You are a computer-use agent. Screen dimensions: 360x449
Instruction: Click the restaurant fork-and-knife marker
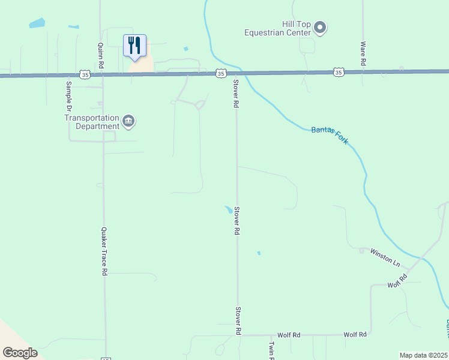[x=134, y=46]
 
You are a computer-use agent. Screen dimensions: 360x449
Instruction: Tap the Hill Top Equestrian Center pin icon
[x=320, y=27]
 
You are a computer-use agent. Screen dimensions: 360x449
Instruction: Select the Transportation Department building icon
[x=129, y=122]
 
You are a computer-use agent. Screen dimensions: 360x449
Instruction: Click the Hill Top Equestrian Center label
[x=279, y=28]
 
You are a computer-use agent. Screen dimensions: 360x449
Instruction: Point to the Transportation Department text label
[x=92, y=122]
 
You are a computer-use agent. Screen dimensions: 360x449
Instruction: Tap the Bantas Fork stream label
[x=330, y=135]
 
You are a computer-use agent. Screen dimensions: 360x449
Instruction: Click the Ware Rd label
[x=363, y=53]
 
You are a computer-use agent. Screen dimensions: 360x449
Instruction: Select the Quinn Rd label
[x=100, y=55]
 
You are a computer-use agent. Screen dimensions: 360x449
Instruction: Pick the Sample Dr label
[x=68, y=96]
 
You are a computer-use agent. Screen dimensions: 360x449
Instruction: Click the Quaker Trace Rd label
[x=103, y=251]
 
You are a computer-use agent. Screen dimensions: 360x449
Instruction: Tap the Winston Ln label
[x=385, y=257]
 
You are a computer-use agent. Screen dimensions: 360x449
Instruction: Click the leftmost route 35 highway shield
[x=86, y=75]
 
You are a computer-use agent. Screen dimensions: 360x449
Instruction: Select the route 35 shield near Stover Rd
[x=221, y=73]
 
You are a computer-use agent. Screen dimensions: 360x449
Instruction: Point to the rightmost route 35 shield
[x=339, y=72]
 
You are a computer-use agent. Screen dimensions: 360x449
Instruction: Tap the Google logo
[x=20, y=353]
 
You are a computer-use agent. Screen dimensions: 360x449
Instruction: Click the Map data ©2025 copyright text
[x=423, y=355]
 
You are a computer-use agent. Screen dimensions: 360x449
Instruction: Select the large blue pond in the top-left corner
[x=37, y=24]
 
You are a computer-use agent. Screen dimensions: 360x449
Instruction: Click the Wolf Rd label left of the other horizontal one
[x=288, y=335]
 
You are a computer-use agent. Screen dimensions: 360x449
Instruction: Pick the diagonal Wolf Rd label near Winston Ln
[x=397, y=280]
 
